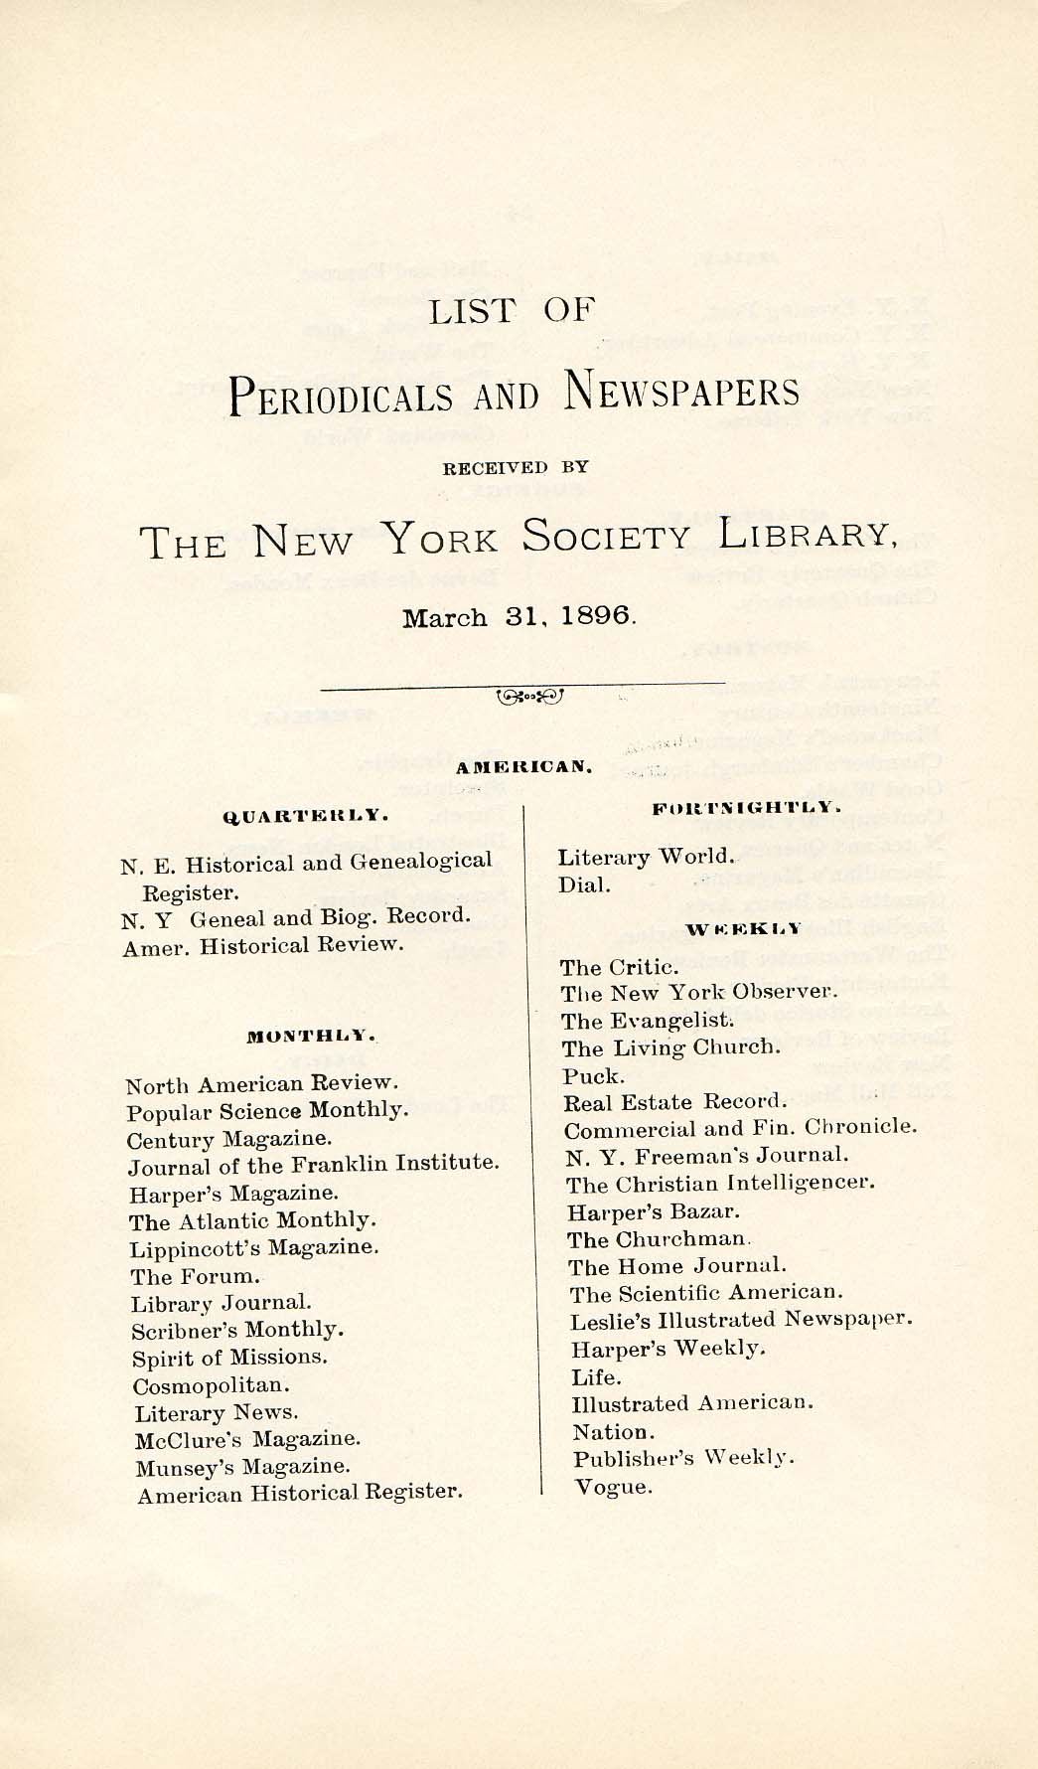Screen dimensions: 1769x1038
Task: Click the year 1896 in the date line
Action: (x=595, y=615)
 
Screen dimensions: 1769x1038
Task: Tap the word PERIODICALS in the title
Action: (x=341, y=396)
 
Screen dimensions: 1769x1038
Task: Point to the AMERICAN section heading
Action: (x=524, y=767)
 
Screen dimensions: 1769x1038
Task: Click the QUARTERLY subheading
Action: (x=304, y=816)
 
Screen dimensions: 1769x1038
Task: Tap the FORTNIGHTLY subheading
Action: (x=747, y=809)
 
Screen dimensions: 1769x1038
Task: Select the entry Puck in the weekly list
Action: (x=594, y=1076)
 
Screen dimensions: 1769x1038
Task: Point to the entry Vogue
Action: (x=612, y=1487)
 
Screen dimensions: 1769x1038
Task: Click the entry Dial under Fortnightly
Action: (x=584, y=884)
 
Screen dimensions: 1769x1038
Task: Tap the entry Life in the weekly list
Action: (x=596, y=1377)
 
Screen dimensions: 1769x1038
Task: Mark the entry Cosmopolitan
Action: (x=212, y=1385)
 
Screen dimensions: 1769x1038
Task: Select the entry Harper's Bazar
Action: (x=654, y=1212)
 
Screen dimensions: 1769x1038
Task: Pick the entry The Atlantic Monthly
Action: (x=252, y=1220)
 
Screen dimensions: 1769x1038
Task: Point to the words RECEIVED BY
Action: (x=516, y=467)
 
